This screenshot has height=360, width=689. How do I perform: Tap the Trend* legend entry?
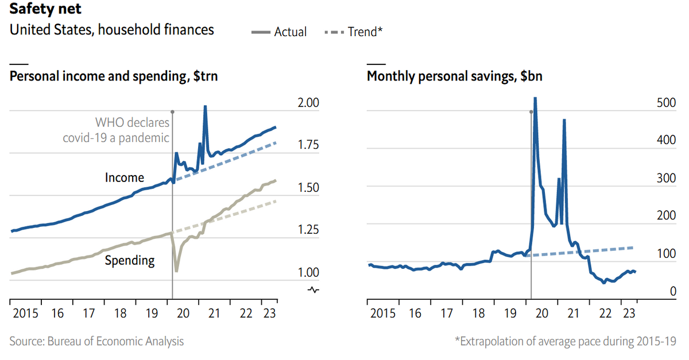[x=354, y=32]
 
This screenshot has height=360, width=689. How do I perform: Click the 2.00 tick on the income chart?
[x=311, y=103]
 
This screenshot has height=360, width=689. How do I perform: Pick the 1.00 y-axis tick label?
[x=311, y=272]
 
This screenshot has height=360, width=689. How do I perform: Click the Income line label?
[x=124, y=178]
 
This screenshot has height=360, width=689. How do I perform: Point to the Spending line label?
[x=129, y=261]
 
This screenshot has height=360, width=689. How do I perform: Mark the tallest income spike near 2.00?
[x=205, y=107]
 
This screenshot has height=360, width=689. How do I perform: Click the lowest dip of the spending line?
[x=176, y=270]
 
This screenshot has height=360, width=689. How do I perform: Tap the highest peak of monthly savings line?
[x=535, y=99]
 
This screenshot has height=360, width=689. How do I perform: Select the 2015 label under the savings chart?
[x=384, y=313]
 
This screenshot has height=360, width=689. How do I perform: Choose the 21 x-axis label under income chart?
[x=214, y=313]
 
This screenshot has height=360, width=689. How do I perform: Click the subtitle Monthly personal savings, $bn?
[x=455, y=76]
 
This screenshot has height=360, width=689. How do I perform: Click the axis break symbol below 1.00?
[x=313, y=289]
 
